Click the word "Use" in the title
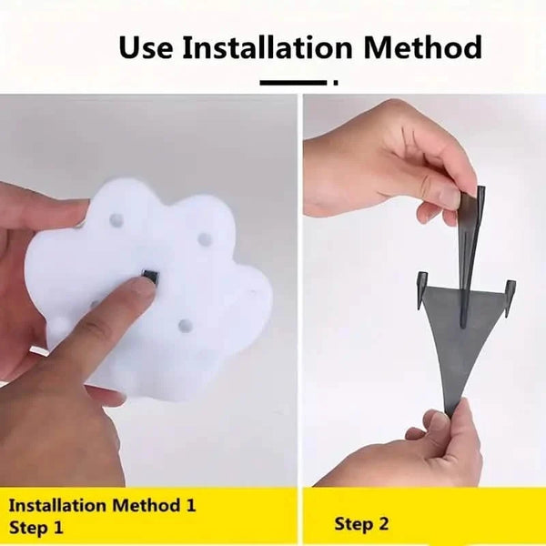point(146,46)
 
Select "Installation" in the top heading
point(268,46)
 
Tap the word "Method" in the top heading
point(422,46)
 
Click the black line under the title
point(293,83)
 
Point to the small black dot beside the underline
point(336,83)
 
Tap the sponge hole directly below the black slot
point(186,325)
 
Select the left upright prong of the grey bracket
point(422,291)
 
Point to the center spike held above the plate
point(469,257)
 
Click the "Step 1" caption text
point(35,527)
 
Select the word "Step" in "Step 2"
point(354,525)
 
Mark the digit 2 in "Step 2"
point(383,523)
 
